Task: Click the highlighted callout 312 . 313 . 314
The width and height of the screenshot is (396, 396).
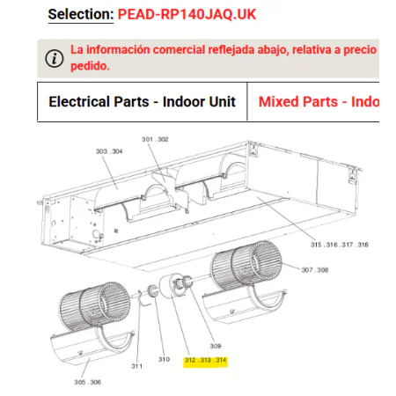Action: point(206,360)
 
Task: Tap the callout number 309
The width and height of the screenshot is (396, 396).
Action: point(216,346)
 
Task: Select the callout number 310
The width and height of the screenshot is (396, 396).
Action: point(164,359)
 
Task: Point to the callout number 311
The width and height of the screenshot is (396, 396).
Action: point(137,366)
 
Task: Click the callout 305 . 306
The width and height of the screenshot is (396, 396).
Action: point(87,382)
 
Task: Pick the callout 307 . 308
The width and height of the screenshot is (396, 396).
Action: point(315,270)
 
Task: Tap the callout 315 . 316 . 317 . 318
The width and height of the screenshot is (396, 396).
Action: point(340,245)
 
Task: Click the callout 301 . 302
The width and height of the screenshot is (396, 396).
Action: point(155,139)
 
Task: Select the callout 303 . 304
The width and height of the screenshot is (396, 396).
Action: point(109,151)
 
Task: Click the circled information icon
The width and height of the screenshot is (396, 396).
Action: point(55,58)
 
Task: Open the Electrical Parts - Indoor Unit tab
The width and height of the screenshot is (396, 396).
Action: point(142,102)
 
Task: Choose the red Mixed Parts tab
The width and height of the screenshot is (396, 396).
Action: point(319,102)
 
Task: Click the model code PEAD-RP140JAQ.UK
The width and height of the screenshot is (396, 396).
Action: point(187,14)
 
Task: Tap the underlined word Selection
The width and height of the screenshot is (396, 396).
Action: point(81,14)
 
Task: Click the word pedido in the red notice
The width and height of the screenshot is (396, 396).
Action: point(90,66)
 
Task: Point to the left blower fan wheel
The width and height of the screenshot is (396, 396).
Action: point(94,306)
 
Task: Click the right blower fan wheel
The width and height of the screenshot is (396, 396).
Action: point(246,265)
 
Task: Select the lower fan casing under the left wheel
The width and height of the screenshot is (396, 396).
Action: point(93,346)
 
